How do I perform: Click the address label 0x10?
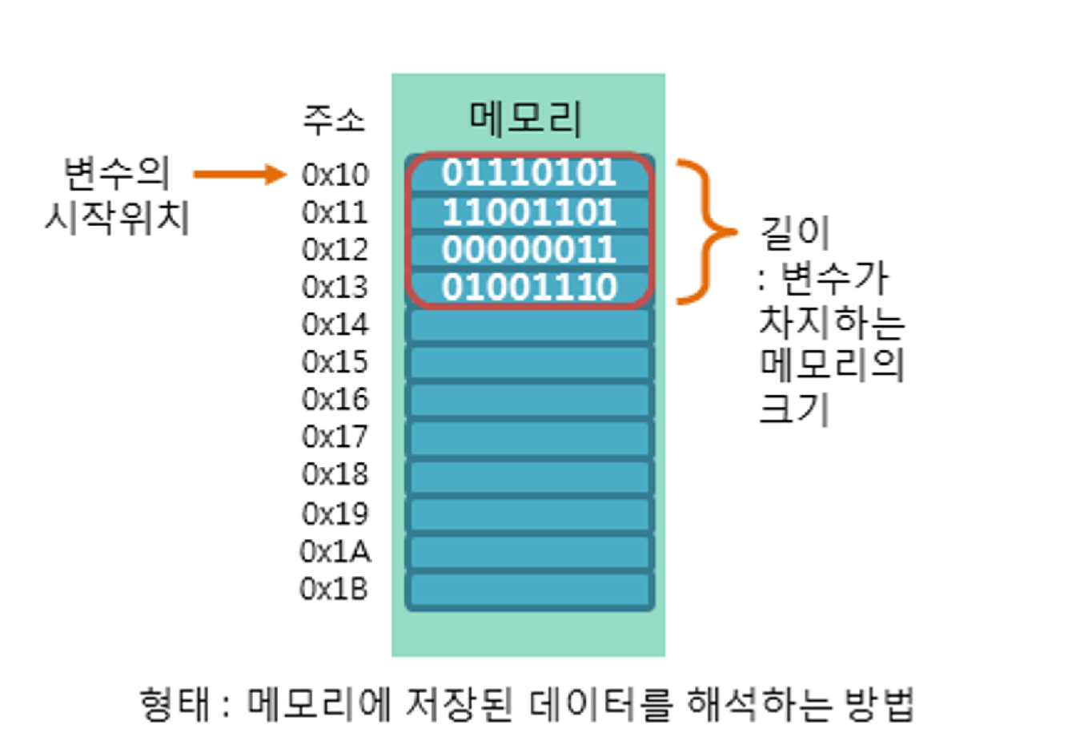click(335, 175)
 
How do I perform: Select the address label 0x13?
click(335, 287)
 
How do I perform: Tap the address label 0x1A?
click(335, 551)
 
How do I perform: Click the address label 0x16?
click(335, 399)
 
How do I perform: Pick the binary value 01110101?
click(529, 173)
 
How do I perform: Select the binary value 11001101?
click(529, 212)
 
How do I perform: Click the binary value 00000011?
click(529, 250)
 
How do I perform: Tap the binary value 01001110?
click(529, 287)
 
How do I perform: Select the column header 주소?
click(333, 119)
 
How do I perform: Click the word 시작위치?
click(117, 216)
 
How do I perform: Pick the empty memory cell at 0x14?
click(529, 325)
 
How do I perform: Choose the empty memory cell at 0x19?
click(529, 514)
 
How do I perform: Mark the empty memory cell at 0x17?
click(529, 438)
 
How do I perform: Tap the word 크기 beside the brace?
click(793, 409)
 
